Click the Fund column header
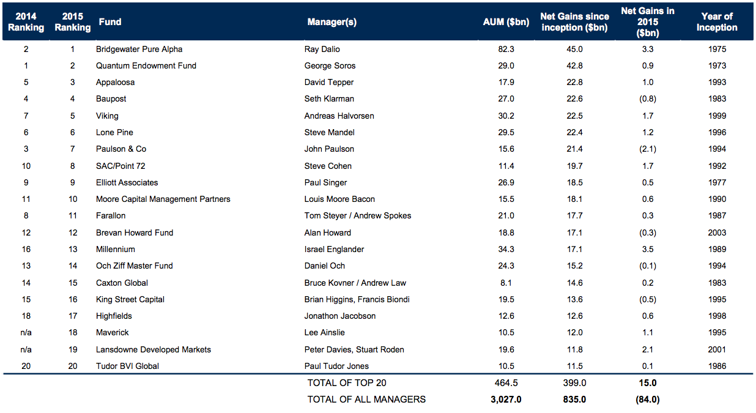pyautogui.click(x=110, y=22)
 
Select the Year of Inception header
pyautogui.click(x=717, y=22)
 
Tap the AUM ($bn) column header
pyautogui.click(x=506, y=22)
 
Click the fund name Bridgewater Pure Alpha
pyautogui.click(x=139, y=50)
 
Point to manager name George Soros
pyautogui.click(x=330, y=66)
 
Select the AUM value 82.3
pyautogui.click(x=506, y=50)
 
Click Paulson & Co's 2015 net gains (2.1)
pyautogui.click(x=648, y=149)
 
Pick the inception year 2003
pyautogui.click(x=717, y=233)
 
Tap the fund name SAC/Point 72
pyautogui.click(x=120, y=166)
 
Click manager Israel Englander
pyautogui.click(x=334, y=249)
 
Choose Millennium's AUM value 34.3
pyautogui.click(x=506, y=249)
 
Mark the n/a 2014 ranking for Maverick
pyautogui.click(x=26, y=333)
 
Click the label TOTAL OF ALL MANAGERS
pyautogui.click(x=366, y=400)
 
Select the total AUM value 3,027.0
pyautogui.click(x=506, y=400)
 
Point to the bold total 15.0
pyautogui.click(x=648, y=383)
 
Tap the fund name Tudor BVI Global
pyautogui.click(x=127, y=366)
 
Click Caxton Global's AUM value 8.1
pyautogui.click(x=506, y=283)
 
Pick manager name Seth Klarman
pyautogui.click(x=329, y=99)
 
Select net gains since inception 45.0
pyautogui.click(x=574, y=50)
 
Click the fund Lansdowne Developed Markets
pyautogui.click(x=154, y=349)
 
